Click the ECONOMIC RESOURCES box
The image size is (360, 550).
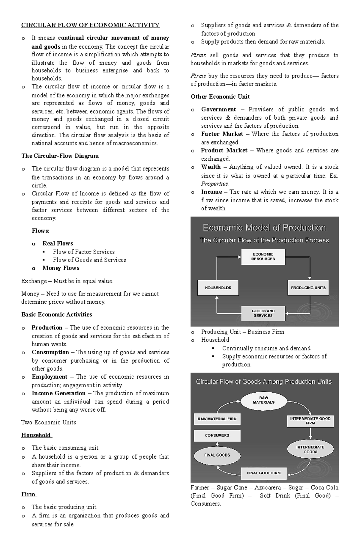tap(263, 257)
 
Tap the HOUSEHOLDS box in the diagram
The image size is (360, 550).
tap(218, 288)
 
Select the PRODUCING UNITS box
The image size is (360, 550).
tap(308, 288)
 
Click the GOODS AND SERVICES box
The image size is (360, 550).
tap(263, 313)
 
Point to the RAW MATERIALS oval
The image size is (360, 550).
tap(263, 400)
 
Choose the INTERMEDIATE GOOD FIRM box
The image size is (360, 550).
tap(310, 421)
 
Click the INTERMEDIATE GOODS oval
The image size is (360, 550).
tap(310, 449)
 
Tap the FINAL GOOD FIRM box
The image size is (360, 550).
tap(264, 473)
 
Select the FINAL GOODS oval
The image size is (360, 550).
tap(217, 455)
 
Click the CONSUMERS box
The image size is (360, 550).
tap(217, 435)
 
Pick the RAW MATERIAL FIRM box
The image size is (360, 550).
tap(217, 419)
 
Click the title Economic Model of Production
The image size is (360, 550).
tap(264, 228)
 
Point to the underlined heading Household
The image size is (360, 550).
tap(36, 435)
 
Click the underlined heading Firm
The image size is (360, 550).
tap(28, 494)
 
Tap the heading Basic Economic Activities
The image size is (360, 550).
tap(57, 314)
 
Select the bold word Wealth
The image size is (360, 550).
tap(211, 167)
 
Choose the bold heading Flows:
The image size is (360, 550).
tap(40, 231)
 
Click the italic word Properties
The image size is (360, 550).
tap(214, 184)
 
